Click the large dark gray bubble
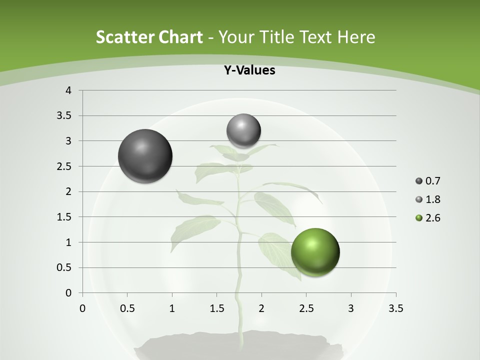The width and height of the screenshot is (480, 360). coord(145,156)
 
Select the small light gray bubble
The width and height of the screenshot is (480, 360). coord(243,131)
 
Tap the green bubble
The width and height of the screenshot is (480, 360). coord(315,252)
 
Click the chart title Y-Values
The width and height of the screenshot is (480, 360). coord(249,70)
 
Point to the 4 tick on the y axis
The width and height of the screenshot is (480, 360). coord(69,90)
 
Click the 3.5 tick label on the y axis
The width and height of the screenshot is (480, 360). coord(63,115)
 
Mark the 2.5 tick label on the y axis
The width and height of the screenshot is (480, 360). coord(63,166)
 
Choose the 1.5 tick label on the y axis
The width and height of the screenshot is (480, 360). coord(63,217)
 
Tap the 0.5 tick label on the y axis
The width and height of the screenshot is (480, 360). coord(63,267)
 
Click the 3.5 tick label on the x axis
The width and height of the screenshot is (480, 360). coord(395,308)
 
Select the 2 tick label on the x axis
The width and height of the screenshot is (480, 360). coord(261,308)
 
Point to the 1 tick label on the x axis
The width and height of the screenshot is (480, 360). coord(172,308)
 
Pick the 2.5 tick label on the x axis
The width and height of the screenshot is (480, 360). coord(306,308)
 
